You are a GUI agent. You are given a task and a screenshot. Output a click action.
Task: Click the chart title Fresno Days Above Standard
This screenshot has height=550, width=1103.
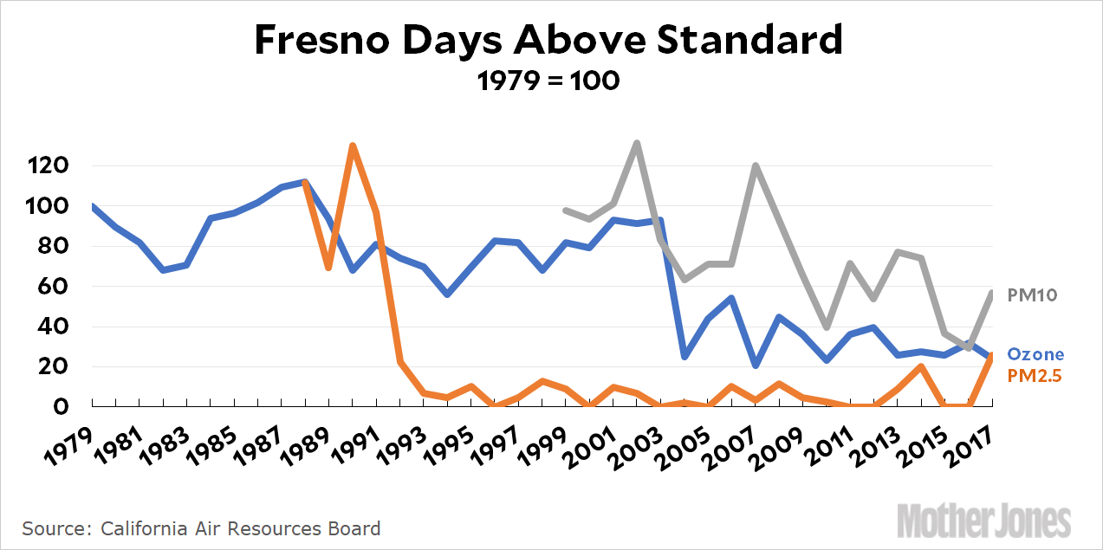pos(548,41)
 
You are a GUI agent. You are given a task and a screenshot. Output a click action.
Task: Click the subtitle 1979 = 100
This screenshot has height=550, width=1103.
pos(548,81)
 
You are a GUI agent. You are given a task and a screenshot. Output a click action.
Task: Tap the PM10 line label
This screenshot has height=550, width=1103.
pos(1032,295)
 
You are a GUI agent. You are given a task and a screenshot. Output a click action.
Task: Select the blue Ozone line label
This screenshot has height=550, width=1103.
pos(1035,354)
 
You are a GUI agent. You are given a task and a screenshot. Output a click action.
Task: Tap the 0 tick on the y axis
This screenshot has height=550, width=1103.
pos(75,406)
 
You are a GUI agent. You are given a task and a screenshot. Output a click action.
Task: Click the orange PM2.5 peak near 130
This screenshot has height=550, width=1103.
pos(353,146)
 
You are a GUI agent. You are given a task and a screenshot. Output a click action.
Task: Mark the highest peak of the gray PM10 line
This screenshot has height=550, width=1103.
pos(637,143)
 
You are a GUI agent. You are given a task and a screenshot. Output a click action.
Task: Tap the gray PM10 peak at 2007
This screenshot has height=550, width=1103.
pos(756,165)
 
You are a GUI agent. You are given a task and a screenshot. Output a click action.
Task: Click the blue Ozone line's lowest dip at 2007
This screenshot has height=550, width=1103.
pos(756,365)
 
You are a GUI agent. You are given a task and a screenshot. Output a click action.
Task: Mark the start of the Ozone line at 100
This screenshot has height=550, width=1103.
pos(92,206)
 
